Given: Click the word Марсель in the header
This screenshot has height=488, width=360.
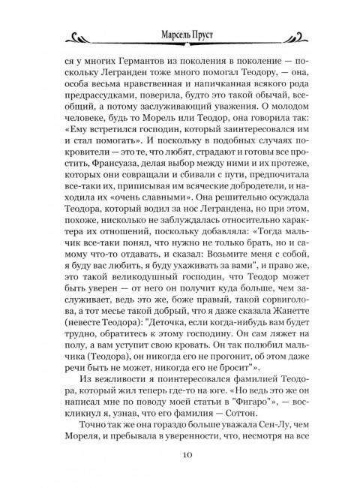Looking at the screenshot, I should [163, 35].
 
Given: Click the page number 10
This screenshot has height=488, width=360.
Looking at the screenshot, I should [180, 454].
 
